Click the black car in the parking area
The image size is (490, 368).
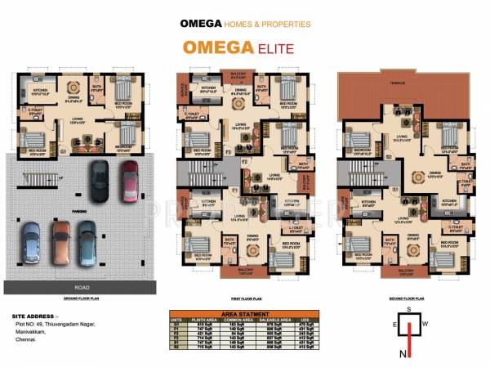point(99,182)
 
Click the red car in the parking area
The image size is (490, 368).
point(128,179)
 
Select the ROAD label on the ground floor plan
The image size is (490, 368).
point(80,286)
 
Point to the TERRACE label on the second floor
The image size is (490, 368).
point(399,83)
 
